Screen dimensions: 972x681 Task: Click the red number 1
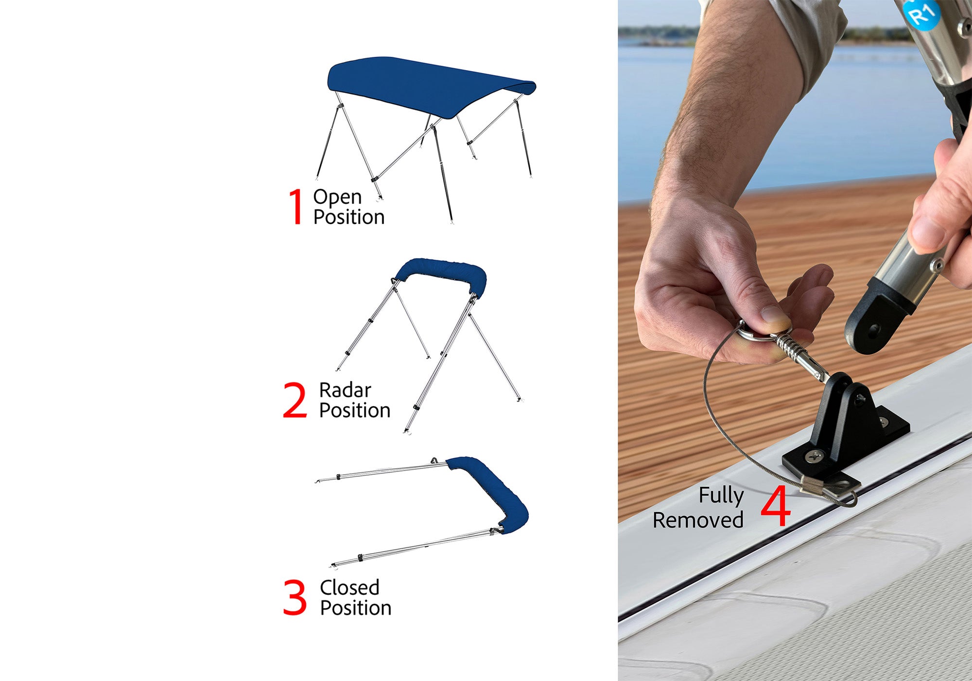(x=296, y=207)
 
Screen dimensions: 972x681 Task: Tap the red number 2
(x=295, y=400)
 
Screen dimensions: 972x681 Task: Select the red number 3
(x=295, y=597)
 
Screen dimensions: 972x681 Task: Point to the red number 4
(x=776, y=506)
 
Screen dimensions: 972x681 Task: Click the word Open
(x=337, y=197)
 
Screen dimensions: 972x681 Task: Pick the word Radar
(x=345, y=390)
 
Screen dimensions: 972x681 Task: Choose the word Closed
(x=349, y=588)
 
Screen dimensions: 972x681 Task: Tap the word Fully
(x=721, y=496)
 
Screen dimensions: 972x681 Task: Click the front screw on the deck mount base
(x=813, y=456)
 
